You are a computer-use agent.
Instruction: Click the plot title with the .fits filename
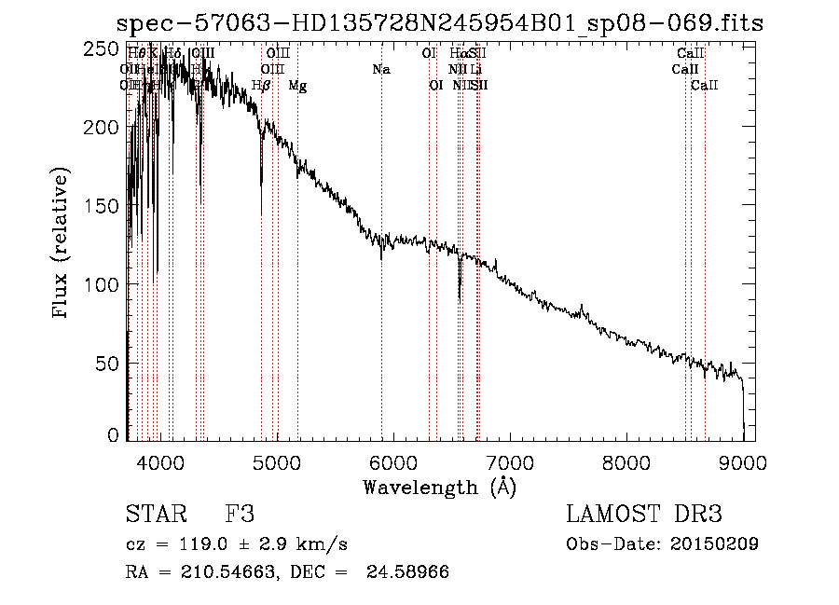coord(439,23)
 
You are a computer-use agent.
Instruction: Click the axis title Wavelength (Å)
coord(439,487)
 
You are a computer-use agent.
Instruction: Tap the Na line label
coord(380,69)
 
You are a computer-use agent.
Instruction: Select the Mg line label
coord(297,86)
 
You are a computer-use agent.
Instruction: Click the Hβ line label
coord(262,86)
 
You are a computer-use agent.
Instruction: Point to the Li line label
coord(476,69)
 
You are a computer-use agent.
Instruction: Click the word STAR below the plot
coord(154,515)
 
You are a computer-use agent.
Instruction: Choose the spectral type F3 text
coord(240,515)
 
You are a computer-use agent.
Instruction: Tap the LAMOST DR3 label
coord(644,515)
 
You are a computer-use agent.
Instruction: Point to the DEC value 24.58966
coord(411,572)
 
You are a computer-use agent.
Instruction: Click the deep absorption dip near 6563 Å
coord(460,296)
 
